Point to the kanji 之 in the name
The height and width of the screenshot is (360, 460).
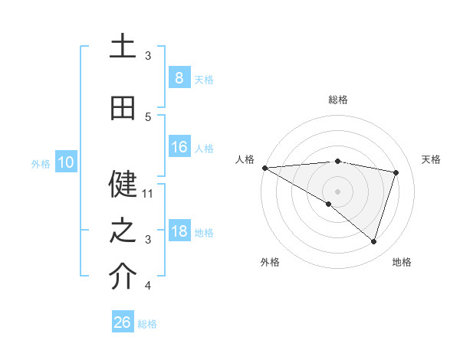click(x=123, y=230)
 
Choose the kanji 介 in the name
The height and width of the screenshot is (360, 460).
click(x=123, y=277)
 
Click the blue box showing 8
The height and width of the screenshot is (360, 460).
click(x=179, y=77)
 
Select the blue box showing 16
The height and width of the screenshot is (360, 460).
click(x=179, y=147)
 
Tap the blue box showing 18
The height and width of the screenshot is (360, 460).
click(x=179, y=231)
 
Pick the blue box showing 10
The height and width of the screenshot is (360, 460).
click(x=65, y=162)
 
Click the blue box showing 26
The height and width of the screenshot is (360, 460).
click(x=122, y=322)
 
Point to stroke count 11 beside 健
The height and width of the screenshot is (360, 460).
click(x=148, y=194)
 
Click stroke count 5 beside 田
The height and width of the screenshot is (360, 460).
click(x=148, y=117)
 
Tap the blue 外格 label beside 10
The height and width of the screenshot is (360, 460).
click(x=40, y=163)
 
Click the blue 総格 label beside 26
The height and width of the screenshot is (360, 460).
click(x=147, y=324)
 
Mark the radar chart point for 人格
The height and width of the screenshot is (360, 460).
click(x=264, y=168)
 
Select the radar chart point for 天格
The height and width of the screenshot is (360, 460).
click(x=396, y=172)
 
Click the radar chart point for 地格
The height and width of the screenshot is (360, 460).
click(x=374, y=241)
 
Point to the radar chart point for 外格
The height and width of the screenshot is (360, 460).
click(x=329, y=204)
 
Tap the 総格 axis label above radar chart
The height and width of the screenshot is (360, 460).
click(x=338, y=100)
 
